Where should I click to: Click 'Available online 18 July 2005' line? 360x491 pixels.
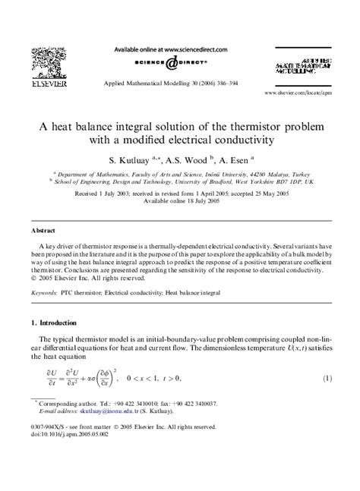(180, 202)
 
